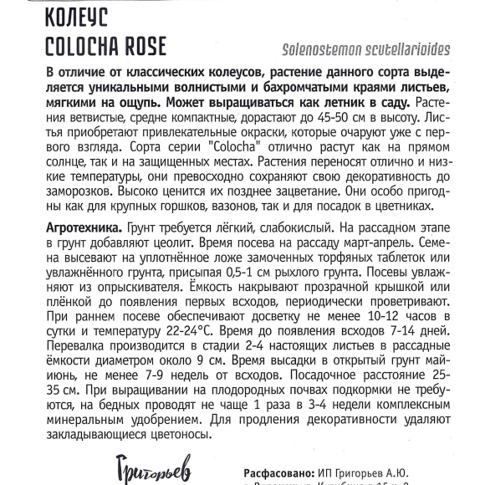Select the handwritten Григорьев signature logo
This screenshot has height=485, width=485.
click(146, 464)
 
